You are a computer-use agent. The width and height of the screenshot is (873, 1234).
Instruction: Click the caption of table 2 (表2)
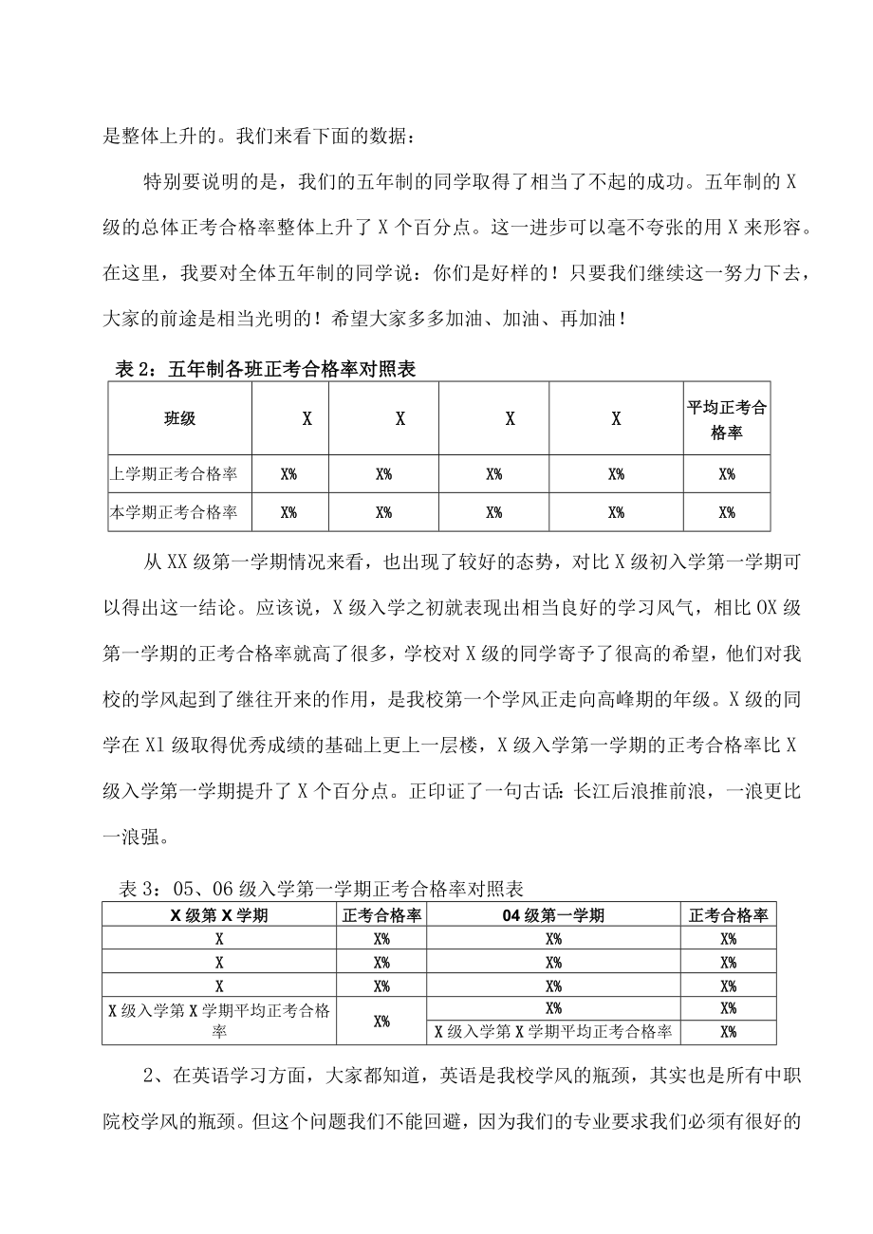click(265, 371)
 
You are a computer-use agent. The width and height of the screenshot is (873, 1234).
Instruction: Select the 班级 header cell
click(179, 417)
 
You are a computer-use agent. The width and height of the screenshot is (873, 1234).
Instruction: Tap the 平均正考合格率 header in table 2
click(726, 418)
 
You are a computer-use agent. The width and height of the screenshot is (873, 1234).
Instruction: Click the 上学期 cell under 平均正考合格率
click(726, 474)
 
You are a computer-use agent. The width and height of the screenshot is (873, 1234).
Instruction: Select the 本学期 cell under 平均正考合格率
click(726, 512)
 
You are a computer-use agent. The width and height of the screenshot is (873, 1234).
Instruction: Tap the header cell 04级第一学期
click(553, 915)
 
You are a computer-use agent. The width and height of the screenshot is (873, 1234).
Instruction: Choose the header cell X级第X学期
click(219, 915)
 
